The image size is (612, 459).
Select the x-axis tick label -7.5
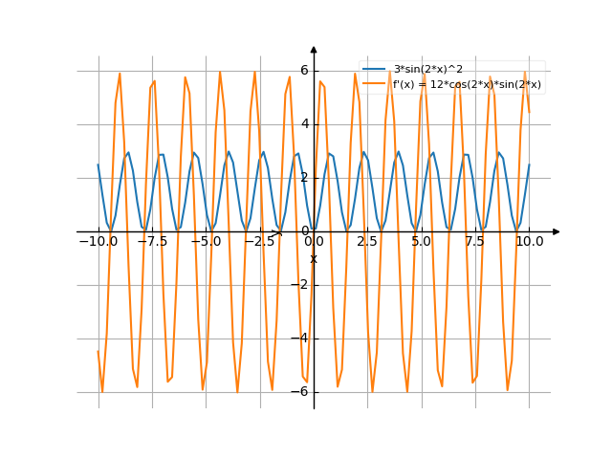(152, 242)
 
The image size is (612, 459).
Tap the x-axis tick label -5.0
(206, 242)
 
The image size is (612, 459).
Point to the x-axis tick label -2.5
(260, 242)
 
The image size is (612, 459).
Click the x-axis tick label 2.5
(367, 242)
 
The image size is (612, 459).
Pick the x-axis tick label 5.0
(421, 242)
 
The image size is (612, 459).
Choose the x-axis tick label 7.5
(475, 242)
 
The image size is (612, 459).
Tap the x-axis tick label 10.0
(529, 242)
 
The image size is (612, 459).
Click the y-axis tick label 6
(304, 70)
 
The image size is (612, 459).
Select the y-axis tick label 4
(304, 123)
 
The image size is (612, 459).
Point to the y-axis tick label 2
(304, 177)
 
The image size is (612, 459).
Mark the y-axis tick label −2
(302, 285)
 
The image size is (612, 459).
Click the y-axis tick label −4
(302, 339)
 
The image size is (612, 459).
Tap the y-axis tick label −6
(302, 392)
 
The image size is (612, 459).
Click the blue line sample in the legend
(374, 70)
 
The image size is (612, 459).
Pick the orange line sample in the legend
(374, 84)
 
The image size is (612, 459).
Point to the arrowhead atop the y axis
(314, 49)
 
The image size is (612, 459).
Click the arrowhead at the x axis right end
(557, 231)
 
